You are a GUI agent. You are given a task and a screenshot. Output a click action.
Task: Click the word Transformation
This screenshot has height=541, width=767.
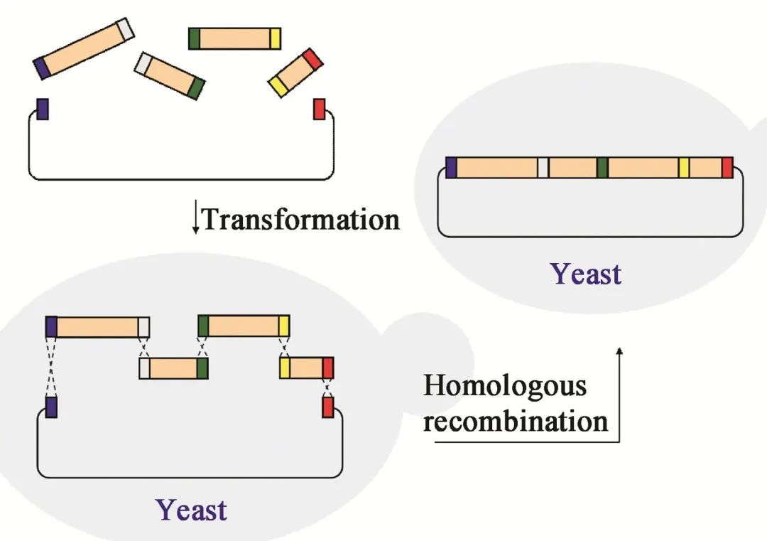(x=301, y=219)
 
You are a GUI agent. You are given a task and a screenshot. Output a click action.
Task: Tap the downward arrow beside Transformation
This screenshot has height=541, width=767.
(x=196, y=216)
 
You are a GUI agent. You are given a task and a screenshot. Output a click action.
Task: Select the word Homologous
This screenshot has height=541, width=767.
(x=504, y=387)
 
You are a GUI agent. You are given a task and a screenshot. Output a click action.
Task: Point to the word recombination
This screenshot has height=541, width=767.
(x=516, y=421)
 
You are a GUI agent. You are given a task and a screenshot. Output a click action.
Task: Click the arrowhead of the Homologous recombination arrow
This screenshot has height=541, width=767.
(x=619, y=350)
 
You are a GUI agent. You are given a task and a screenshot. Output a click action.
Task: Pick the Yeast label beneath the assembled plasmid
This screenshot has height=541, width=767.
(x=586, y=274)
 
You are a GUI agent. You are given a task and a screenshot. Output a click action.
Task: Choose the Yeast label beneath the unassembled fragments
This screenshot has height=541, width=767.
(x=191, y=510)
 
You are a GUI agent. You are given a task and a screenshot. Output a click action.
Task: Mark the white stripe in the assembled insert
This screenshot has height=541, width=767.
(x=543, y=168)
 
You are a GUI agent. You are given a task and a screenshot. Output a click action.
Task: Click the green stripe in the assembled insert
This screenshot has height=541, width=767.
(x=603, y=168)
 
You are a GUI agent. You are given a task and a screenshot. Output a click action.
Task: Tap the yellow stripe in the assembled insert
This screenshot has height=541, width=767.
(x=684, y=168)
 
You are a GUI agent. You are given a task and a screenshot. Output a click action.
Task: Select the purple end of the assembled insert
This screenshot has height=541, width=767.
(x=451, y=168)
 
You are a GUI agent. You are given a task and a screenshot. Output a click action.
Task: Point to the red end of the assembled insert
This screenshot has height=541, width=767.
(x=727, y=168)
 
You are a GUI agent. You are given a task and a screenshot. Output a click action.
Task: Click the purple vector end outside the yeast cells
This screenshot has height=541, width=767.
(x=43, y=109)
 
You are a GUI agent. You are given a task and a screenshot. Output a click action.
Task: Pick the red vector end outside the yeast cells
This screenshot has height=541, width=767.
(x=319, y=109)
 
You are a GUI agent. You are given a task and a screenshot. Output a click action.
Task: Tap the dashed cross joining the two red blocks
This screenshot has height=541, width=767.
(x=328, y=387)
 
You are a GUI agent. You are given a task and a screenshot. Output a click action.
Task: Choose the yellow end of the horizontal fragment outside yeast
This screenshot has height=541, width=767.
(x=276, y=38)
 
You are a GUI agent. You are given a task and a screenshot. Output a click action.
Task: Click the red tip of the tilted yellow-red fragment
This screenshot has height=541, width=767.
(x=312, y=59)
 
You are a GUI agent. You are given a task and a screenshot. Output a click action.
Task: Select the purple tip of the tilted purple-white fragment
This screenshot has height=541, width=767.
(x=42, y=68)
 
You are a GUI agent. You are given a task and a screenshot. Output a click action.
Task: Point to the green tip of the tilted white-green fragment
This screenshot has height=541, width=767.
(x=196, y=89)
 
